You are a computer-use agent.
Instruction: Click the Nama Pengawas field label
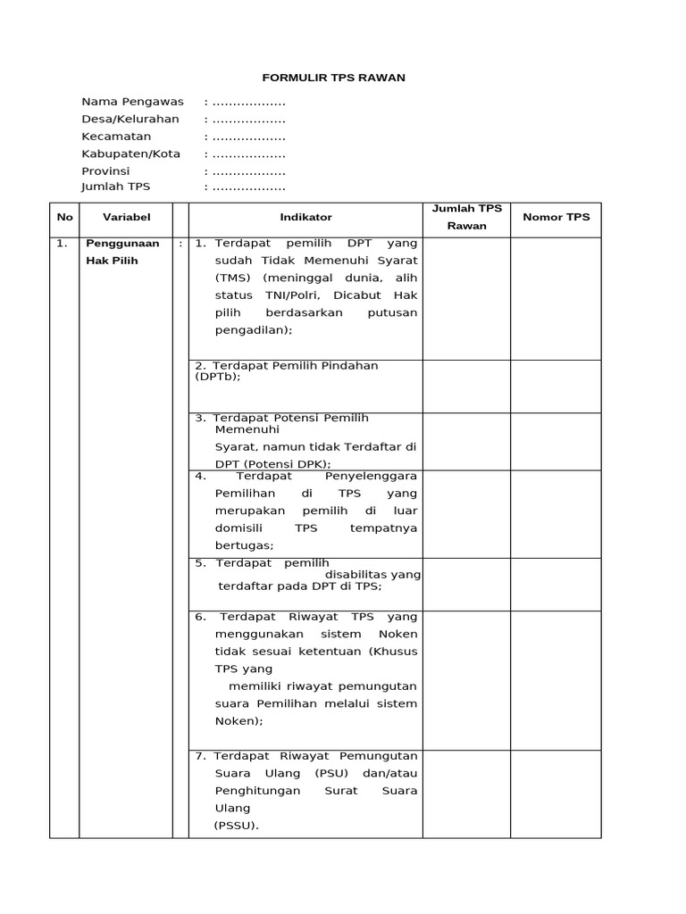[x=132, y=102]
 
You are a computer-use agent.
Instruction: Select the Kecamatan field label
[x=116, y=137]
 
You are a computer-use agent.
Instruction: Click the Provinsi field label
[x=105, y=170]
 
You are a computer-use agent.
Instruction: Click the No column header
[x=64, y=217]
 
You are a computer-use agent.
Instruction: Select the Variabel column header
[x=127, y=217]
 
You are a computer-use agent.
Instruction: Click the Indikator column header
[x=305, y=217]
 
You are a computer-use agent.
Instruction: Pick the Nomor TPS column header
[x=556, y=217]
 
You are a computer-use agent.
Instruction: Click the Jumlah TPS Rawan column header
[x=467, y=217]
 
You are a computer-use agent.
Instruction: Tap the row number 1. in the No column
[x=62, y=244]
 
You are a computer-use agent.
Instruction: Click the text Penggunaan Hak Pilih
[x=121, y=252]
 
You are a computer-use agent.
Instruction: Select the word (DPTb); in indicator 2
[x=218, y=377]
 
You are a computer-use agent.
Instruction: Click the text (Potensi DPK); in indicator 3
[x=285, y=464]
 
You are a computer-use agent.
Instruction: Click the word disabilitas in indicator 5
[x=357, y=574]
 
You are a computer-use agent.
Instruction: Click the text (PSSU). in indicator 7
[x=236, y=826]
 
